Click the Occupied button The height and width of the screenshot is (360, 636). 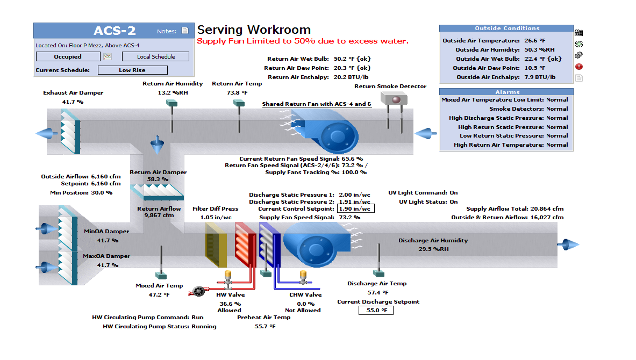click(x=68, y=56)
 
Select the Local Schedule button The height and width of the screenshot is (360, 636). click(x=156, y=56)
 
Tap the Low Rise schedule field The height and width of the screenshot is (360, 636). click(x=132, y=70)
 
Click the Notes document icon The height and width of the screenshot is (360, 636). click(x=185, y=31)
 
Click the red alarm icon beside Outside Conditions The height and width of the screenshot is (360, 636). click(x=579, y=67)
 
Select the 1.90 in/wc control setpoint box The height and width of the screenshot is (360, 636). click(x=355, y=208)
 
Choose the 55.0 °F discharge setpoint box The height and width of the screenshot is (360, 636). click(x=376, y=310)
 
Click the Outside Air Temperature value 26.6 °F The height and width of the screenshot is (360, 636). click(x=535, y=40)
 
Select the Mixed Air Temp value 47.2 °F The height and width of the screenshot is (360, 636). click(x=159, y=294)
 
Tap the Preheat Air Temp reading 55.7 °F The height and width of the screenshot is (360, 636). click(x=265, y=326)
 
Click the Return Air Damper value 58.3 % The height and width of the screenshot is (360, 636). click(x=158, y=179)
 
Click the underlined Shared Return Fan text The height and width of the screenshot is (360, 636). click(x=316, y=104)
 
